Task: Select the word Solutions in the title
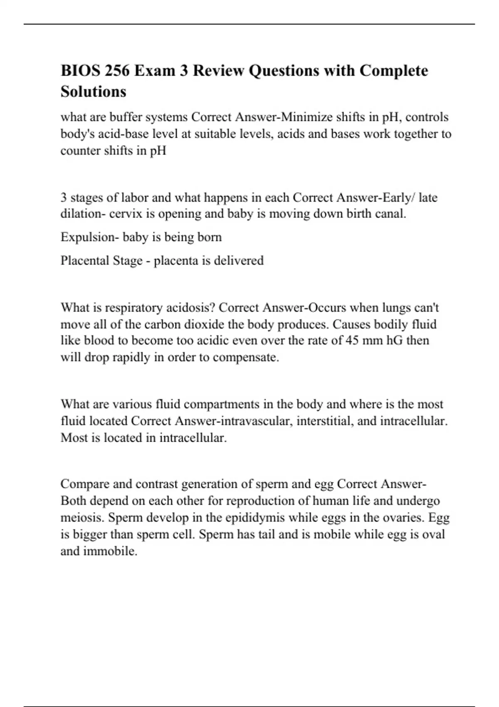coord(93,91)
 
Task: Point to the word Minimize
coord(304,117)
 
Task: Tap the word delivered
coord(238,261)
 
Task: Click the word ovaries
coord(402,518)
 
